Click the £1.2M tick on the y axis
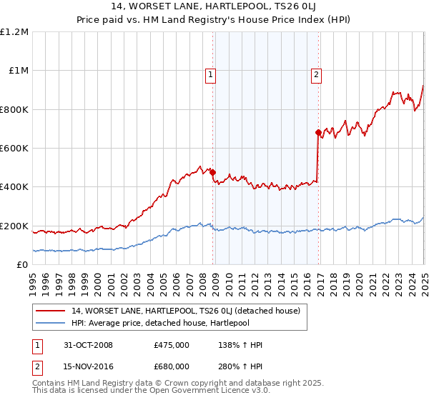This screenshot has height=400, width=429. pyautogui.click(x=14, y=32)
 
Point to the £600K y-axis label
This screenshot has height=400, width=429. pyautogui.click(x=14, y=149)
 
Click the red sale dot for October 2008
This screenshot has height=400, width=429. pyautogui.click(x=213, y=171)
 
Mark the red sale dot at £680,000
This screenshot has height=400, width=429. pyautogui.click(x=317, y=132)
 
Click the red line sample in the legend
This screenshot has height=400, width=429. pyautogui.click(x=51, y=311)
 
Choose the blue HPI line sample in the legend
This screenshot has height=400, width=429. pyautogui.click(x=51, y=322)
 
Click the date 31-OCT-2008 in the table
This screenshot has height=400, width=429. pyautogui.click(x=89, y=345)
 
